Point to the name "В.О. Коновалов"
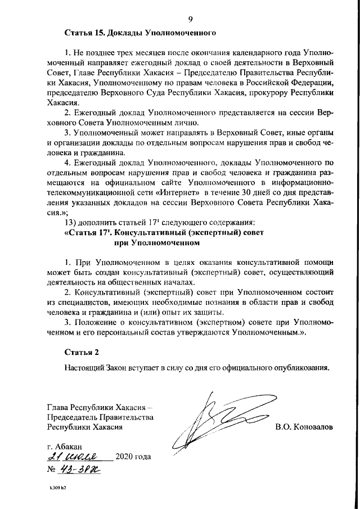(304, 426)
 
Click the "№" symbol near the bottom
(52, 470)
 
